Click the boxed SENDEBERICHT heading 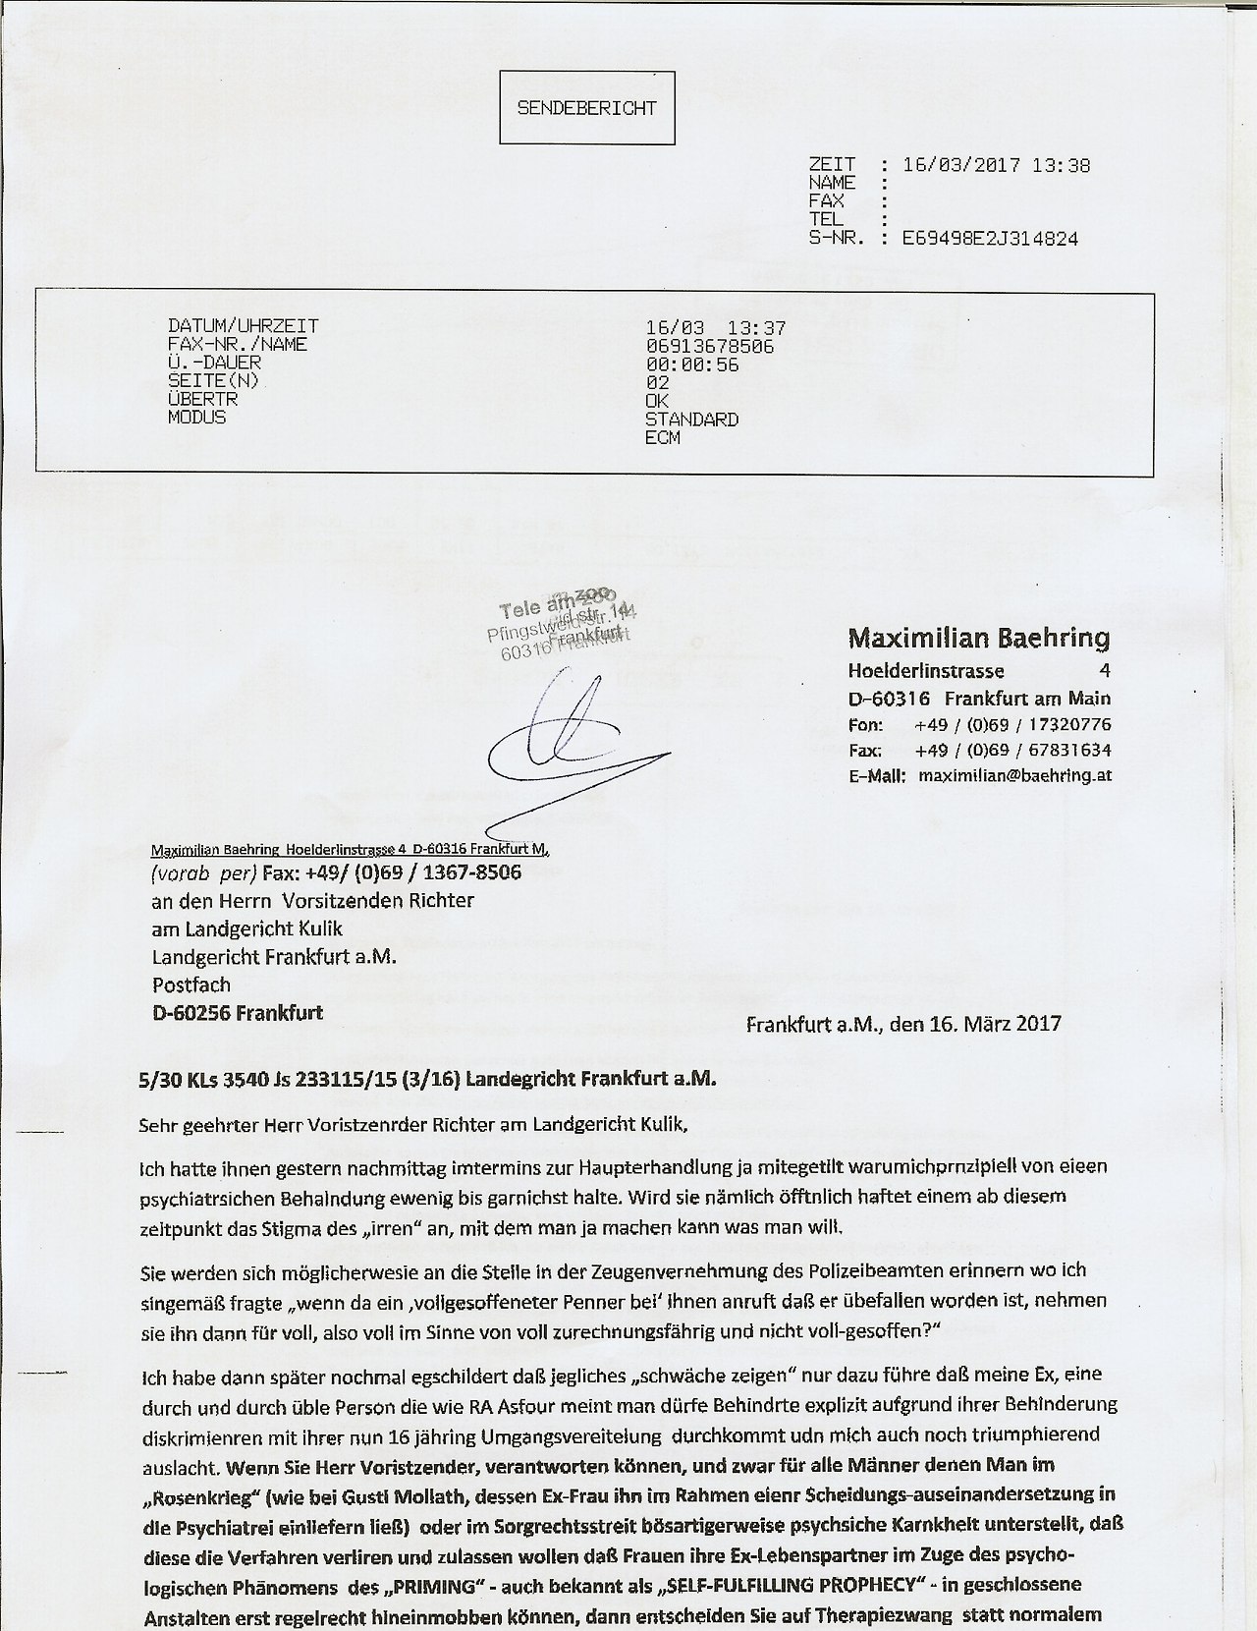587,107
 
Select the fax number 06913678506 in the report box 709,346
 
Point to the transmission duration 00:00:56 691,365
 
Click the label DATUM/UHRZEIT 244,326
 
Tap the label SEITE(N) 213,381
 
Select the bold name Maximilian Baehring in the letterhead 978,639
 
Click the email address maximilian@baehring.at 1014,775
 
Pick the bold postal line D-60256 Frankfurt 237,1012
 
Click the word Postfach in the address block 191,984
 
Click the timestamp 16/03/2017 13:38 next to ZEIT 996,165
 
